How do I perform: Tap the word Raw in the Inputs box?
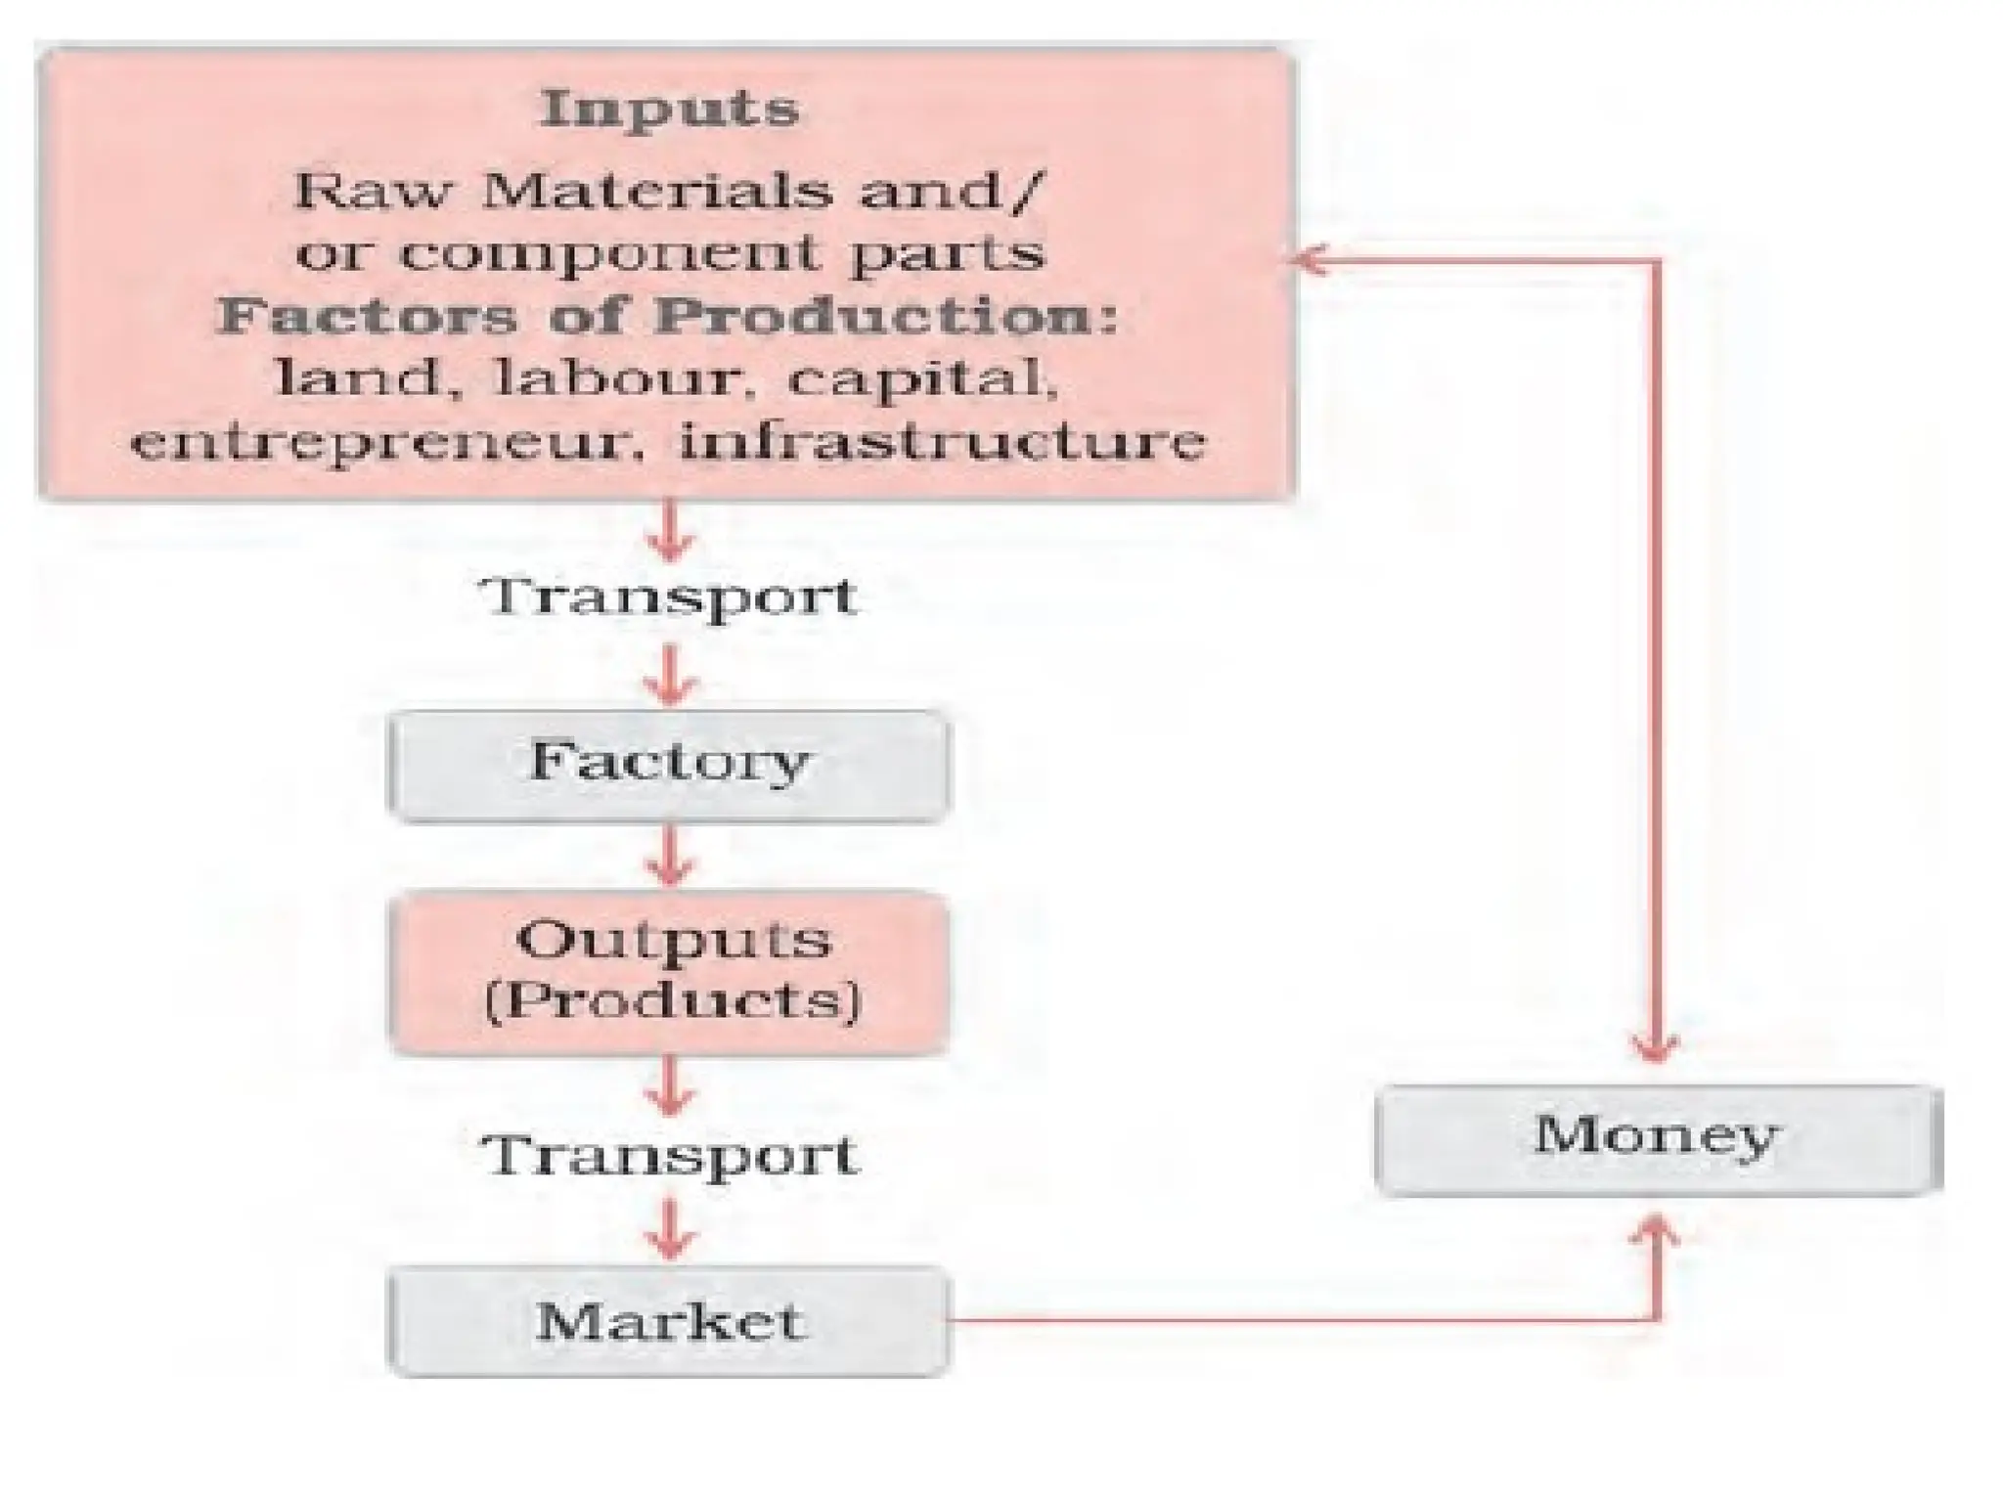click(371, 191)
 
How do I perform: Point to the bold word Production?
click(886, 317)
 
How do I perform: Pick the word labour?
click(614, 379)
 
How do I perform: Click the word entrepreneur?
click(391, 442)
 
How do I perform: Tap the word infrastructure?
click(941, 442)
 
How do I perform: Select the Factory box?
click(669, 765)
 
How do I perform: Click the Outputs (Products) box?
click(669, 972)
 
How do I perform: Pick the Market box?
click(669, 1321)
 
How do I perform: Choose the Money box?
click(1657, 1138)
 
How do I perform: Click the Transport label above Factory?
click(672, 596)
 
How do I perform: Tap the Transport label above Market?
click(670, 1155)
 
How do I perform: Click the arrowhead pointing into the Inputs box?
click(1309, 260)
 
